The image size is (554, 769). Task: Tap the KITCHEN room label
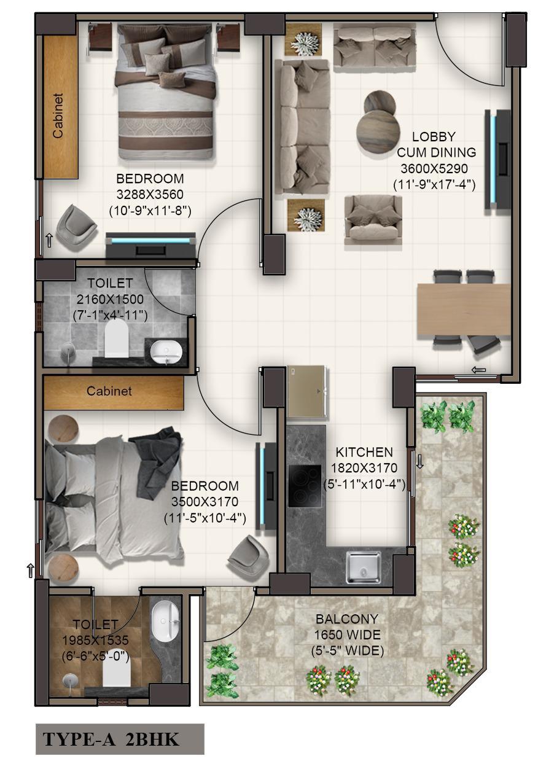click(x=364, y=452)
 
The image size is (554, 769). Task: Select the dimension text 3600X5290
click(x=434, y=168)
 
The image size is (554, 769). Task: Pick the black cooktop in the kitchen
click(x=305, y=486)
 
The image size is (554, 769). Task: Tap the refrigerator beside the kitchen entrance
click(x=306, y=391)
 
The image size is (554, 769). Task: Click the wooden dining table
click(x=464, y=308)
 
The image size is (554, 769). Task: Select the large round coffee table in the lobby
click(x=378, y=129)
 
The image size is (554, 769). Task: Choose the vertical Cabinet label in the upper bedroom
click(x=58, y=115)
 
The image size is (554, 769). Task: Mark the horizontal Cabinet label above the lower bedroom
click(x=109, y=391)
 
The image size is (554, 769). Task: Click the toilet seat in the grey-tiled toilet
click(x=116, y=338)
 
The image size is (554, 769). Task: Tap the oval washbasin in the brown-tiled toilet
click(x=165, y=622)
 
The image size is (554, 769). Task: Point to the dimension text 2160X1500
click(x=110, y=299)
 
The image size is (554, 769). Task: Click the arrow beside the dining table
click(x=478, y=370)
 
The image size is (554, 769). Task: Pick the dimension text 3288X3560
click(x=150, y=194)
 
